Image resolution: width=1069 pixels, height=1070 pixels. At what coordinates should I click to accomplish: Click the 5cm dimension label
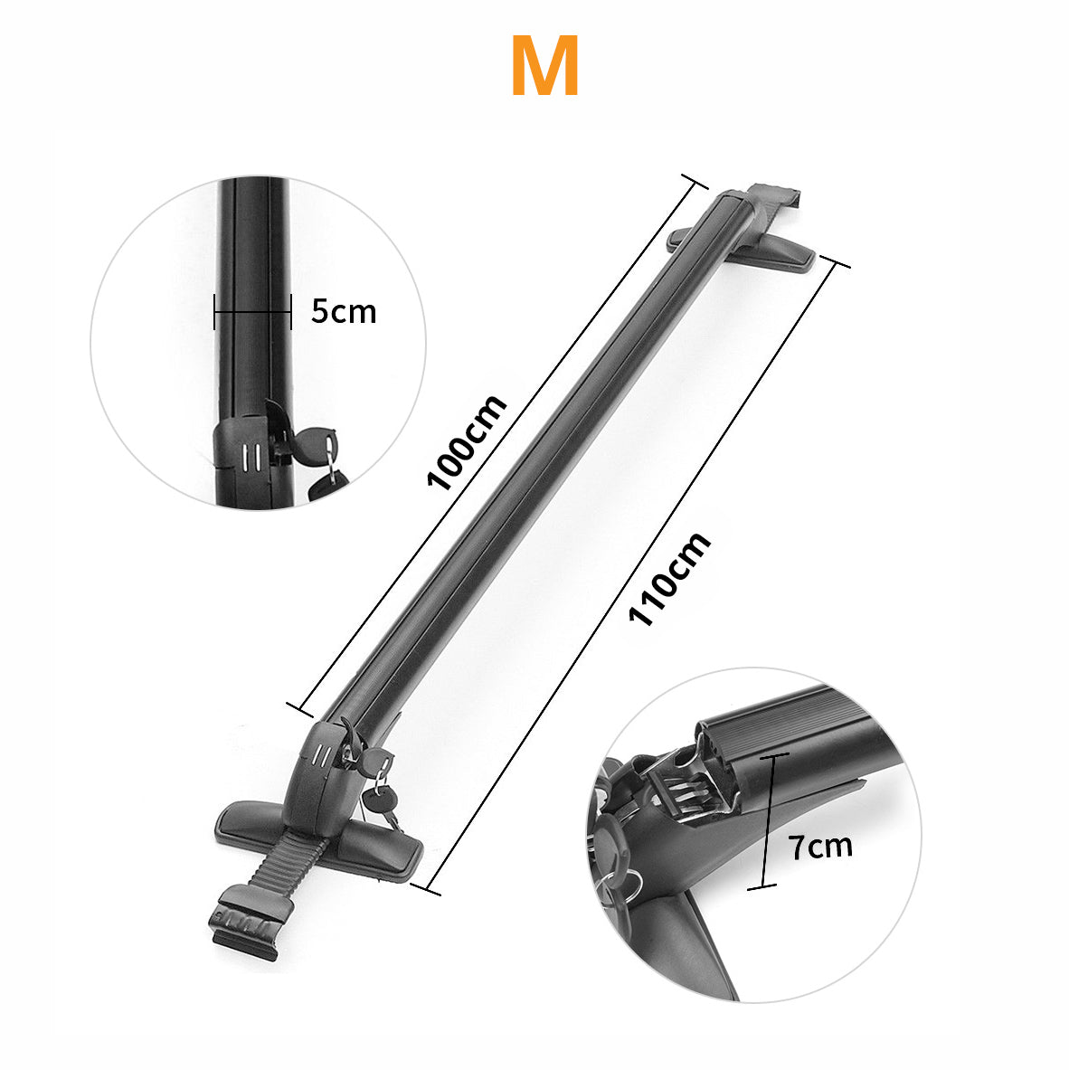click(x=344, y=312)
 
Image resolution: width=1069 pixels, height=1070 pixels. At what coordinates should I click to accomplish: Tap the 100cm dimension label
click(x=467, y=442)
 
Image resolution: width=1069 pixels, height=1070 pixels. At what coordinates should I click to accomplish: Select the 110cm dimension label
click(x=669, y=579)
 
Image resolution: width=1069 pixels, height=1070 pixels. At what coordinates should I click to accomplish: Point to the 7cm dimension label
click(x=820, y=847)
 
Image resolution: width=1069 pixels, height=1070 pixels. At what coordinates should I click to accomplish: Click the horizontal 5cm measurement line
click(x=252, y=313)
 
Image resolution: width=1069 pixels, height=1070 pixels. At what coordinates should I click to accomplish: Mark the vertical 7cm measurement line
click(x=768, y=821)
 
